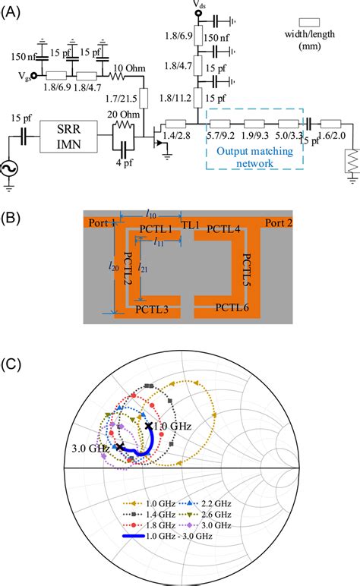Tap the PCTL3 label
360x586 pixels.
[151, 309]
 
